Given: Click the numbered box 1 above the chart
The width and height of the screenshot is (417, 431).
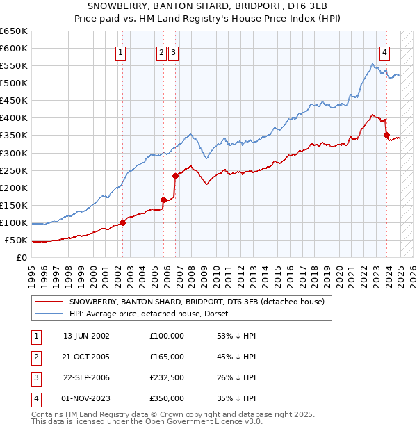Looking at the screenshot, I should tap(121, 51).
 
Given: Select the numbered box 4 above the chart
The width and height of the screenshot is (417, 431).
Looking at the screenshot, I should tap(384, 51).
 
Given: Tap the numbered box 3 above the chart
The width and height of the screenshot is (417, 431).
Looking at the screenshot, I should tap(173, 51).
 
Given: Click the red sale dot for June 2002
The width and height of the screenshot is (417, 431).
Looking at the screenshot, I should tap(122, 222).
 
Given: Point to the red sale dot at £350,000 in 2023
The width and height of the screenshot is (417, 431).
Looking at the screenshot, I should tap(387, 136).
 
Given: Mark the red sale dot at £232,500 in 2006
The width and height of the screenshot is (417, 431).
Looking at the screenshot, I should tap(175, 176).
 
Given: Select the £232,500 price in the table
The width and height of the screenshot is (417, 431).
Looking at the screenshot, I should tap(166, 378).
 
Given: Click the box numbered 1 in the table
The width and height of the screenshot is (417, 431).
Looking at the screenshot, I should tap(35, 336).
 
